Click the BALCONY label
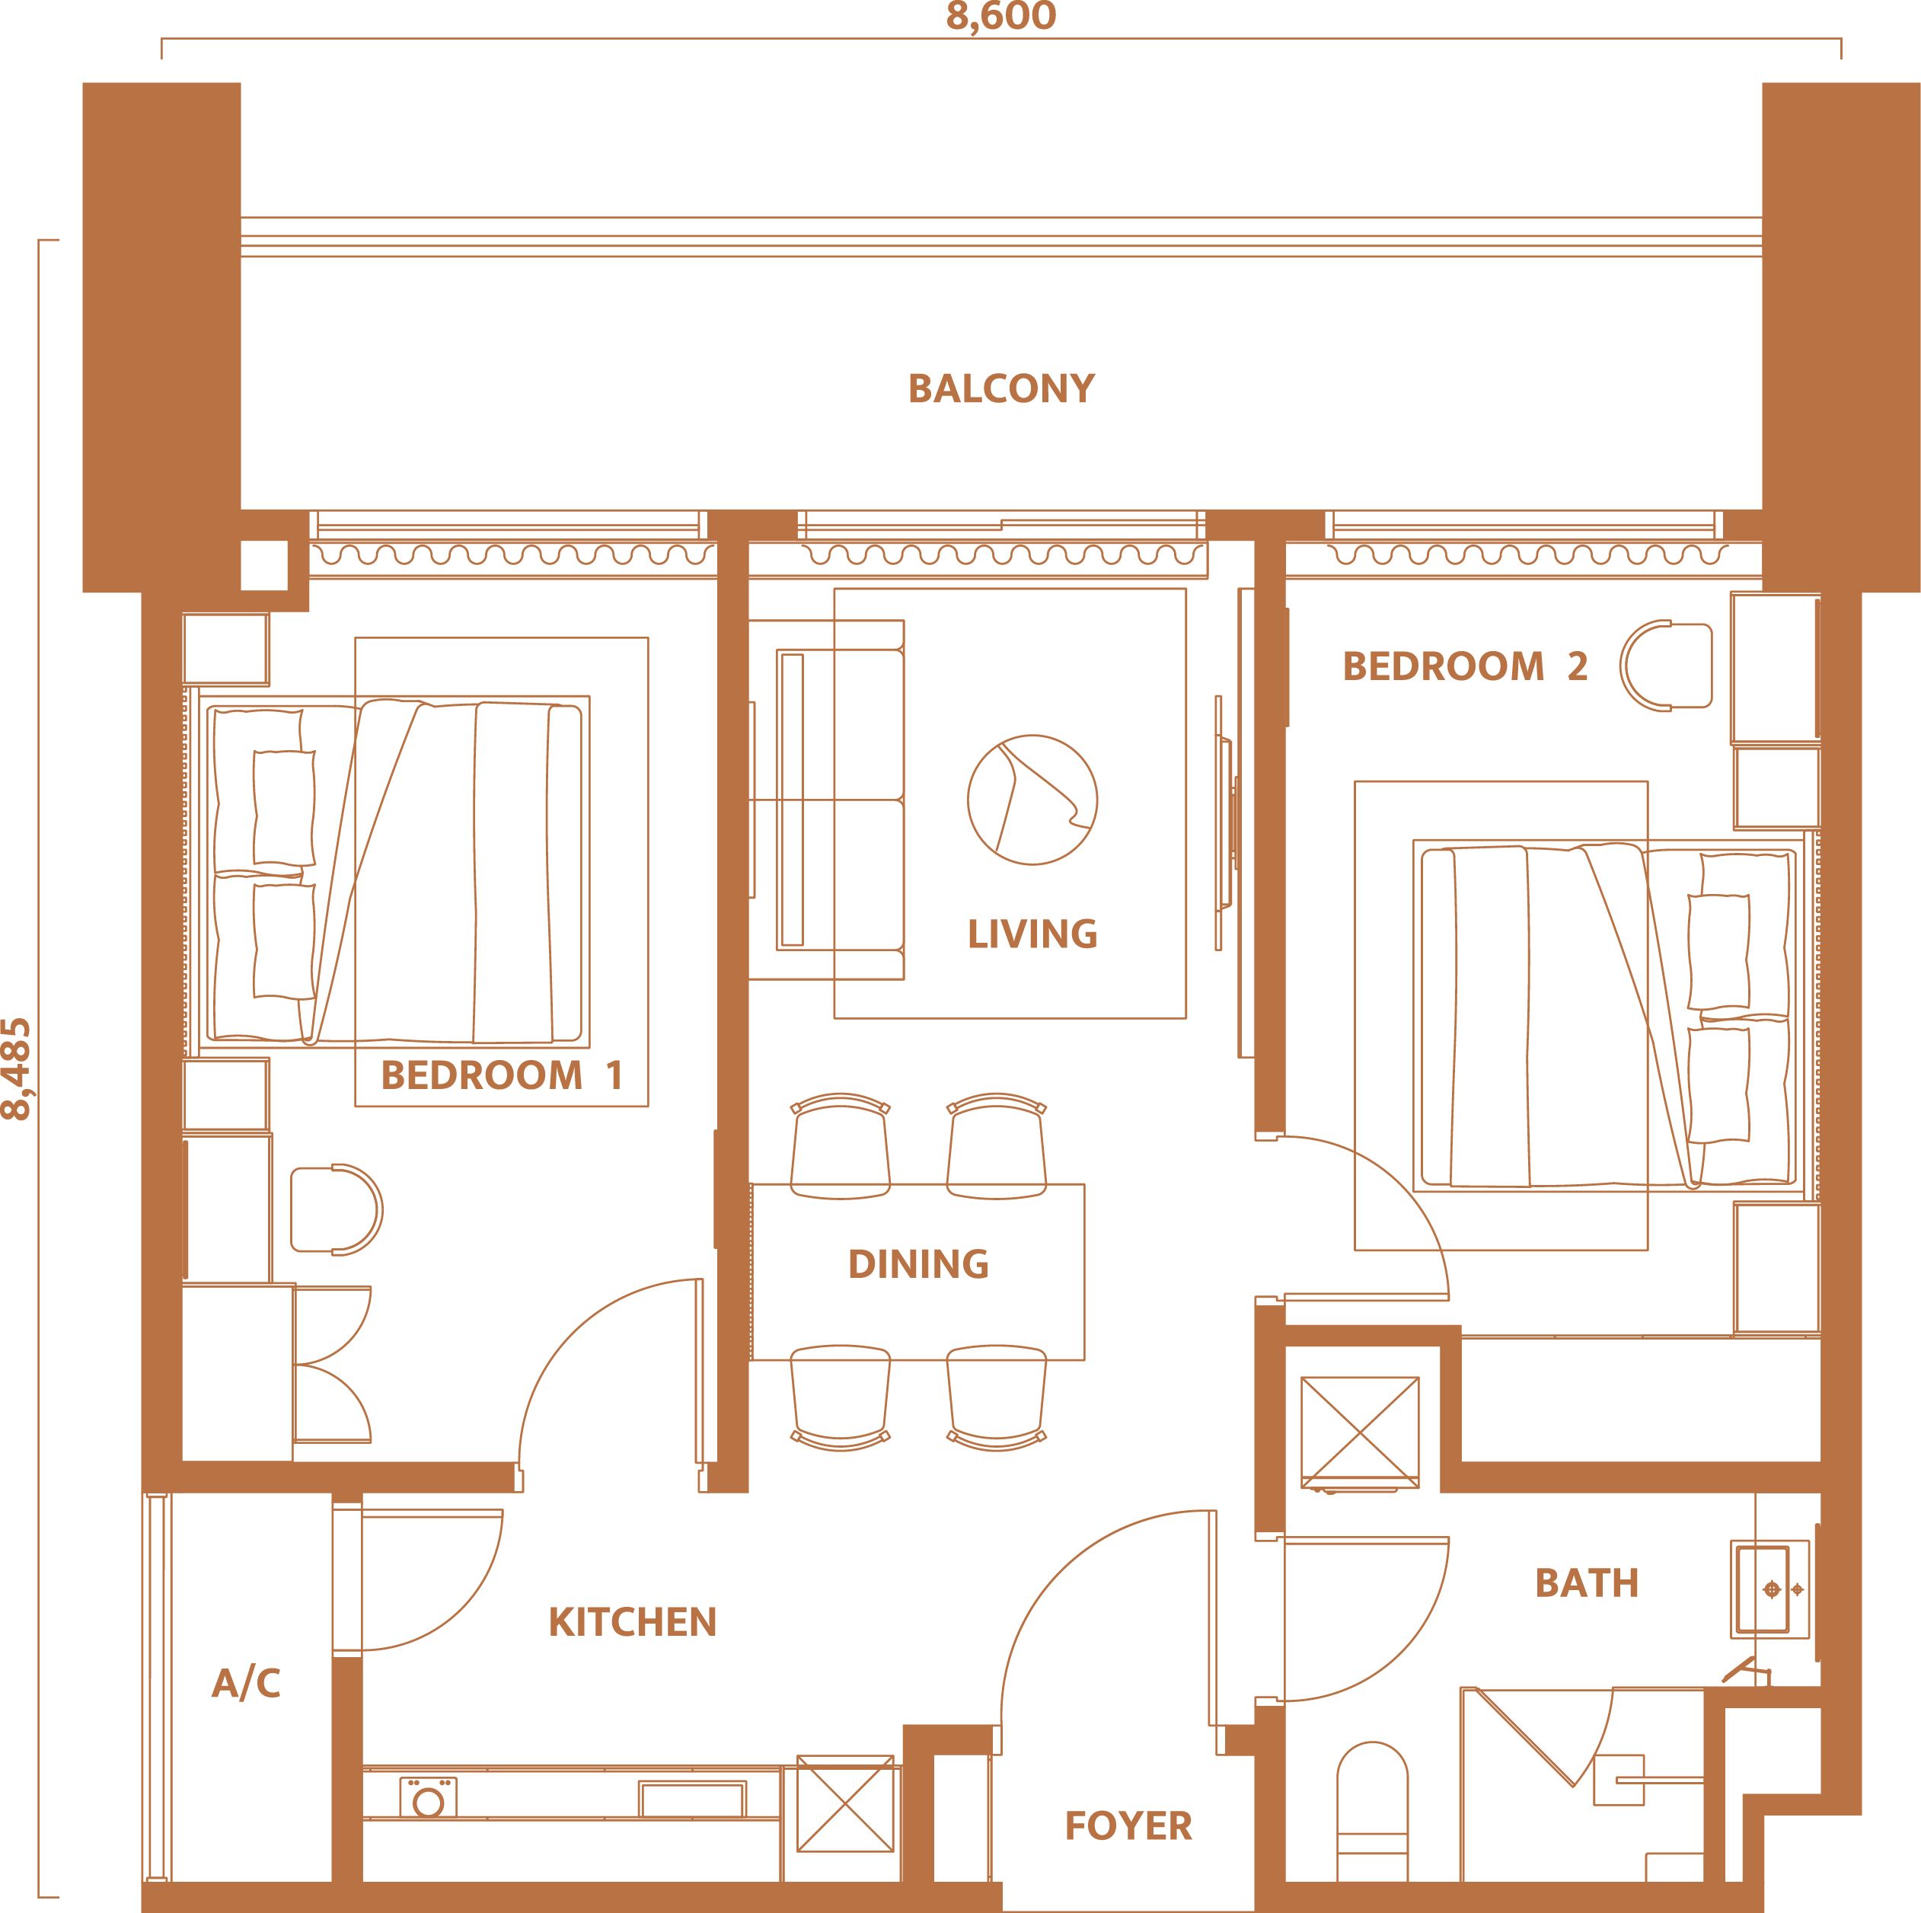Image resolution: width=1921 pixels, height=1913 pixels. pyautogui.click(x=1001, y=388)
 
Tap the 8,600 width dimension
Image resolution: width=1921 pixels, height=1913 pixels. pyautogui.click(x=1001, y=16)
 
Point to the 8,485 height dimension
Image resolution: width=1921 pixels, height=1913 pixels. pyautogui.click(x=17, y=1069)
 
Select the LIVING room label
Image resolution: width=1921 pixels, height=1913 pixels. pyautogui.click(x=1032, y=934)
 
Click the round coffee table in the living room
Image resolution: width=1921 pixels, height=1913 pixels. pyautogui.click(x=1032, y=800)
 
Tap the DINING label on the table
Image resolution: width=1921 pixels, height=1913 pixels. pyautogui.click(x=917, y=1263)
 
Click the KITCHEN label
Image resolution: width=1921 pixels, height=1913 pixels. pyautogui.click(x=633, y=1621)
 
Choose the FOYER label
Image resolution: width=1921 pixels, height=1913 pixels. pyautogui.click(x=1128, y=1825)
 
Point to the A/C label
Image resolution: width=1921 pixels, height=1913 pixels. pyautogui.click(x=246, y=1682)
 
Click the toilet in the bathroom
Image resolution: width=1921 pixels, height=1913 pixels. pyautogui.click(x=1372, y=1811)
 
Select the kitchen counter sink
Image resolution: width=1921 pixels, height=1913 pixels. pyautogui.click(x=692, y=1800)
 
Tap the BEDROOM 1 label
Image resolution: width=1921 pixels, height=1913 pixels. pyautogui.click(x=502, y=1075)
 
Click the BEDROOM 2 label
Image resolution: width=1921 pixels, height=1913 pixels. pyautogui.click(x=1465, y=666)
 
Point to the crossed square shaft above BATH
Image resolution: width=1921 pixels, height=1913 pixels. pyautogui.click(x=1360, y=1432)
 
